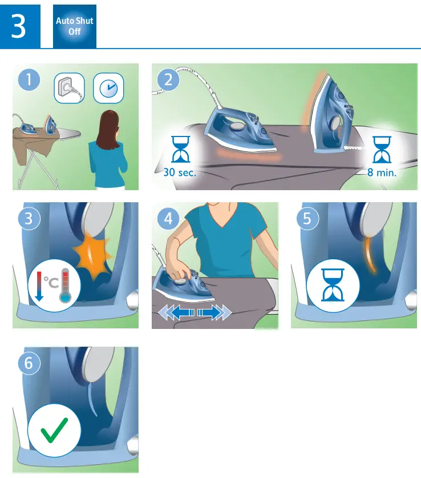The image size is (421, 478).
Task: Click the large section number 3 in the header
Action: (19, 26)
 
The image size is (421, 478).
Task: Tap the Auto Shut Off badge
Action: (75, 26)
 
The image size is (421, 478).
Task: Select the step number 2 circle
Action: (168, 80)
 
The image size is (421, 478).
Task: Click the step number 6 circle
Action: (29, 363)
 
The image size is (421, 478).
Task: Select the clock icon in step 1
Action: (107, 88)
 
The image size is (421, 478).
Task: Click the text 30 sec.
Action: (180, 172)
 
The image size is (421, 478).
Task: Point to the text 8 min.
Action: (382, 172)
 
